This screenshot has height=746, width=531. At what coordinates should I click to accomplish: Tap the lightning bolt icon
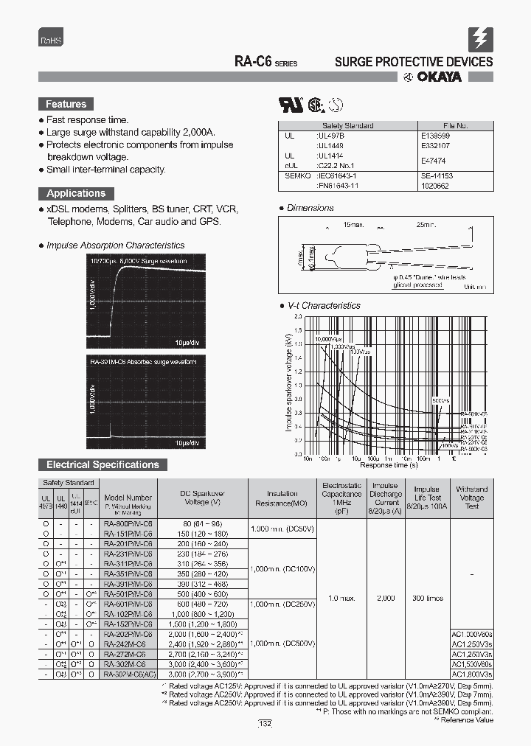point(480,38)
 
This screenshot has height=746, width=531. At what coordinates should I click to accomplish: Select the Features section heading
point(66,105)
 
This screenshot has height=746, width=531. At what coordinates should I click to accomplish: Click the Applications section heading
point(75,193)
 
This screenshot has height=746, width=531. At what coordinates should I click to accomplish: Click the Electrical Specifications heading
point(103,464)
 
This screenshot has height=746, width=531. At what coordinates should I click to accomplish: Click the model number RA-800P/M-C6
point(128,523)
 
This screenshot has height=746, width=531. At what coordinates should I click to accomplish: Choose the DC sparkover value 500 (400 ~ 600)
point(201,593)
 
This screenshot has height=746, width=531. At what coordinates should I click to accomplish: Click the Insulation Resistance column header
point(282,498)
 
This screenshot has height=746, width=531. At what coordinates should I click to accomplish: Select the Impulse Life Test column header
point(427,498)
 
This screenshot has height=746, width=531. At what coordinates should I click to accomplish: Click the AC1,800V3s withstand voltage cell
point(471,674)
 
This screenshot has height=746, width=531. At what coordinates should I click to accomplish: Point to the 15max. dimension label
point(354,223)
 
